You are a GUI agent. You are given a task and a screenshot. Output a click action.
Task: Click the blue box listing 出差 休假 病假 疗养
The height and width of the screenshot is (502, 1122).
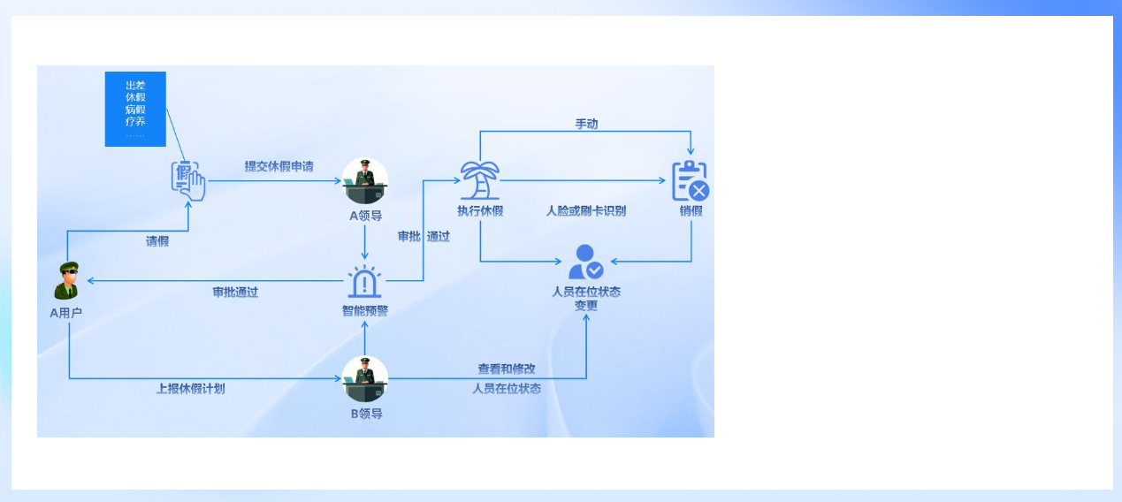pos(135,109)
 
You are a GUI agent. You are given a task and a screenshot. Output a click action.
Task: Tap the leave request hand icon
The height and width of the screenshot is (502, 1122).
pos(188,180)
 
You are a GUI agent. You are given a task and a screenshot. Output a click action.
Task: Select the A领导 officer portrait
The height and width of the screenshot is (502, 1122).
pos(365,180)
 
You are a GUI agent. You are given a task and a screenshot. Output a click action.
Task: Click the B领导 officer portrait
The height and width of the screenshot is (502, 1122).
pos(365,379)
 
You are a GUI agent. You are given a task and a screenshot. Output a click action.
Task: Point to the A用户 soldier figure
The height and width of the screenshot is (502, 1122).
pos(67,280)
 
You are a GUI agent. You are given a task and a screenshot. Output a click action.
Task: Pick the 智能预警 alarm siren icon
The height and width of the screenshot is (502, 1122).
pos(364,281)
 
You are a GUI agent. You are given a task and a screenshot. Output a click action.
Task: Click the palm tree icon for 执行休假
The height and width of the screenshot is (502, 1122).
pos(480,180)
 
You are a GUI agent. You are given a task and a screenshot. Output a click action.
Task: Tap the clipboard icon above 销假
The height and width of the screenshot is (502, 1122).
pos(691,180)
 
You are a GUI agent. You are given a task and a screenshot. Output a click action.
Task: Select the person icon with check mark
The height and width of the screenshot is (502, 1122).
pos(585,262)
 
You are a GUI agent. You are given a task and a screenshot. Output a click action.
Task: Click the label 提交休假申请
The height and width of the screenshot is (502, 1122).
pos(279,167)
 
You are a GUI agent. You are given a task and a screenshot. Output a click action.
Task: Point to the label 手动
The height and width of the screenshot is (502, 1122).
pos(586,124)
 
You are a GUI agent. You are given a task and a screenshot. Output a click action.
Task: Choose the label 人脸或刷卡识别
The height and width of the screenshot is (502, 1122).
pos(586,211)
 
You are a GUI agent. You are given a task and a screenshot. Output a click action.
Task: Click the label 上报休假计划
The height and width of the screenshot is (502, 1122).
pos(191,389)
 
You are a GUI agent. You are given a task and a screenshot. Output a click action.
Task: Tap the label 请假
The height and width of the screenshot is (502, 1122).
pos(157,241)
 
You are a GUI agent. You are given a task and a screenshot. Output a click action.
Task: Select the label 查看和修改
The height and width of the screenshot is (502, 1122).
pos(507,369)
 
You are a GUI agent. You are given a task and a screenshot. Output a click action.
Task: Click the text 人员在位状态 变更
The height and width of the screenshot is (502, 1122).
pos(586,299)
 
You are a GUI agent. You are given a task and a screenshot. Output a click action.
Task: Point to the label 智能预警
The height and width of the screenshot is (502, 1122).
pos(365,311)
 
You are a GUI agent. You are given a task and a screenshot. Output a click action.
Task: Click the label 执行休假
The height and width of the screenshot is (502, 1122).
pos(480,211)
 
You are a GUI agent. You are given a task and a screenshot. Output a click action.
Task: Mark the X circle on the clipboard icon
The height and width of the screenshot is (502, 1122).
pos(699,191)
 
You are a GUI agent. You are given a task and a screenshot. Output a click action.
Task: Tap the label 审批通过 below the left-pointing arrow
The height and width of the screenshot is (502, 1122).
pos(235,293)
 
